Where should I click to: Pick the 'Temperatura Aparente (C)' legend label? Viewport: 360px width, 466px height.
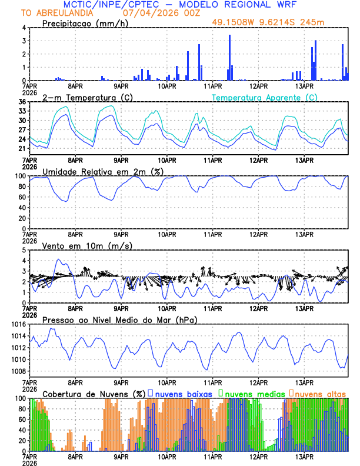point(265,97)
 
